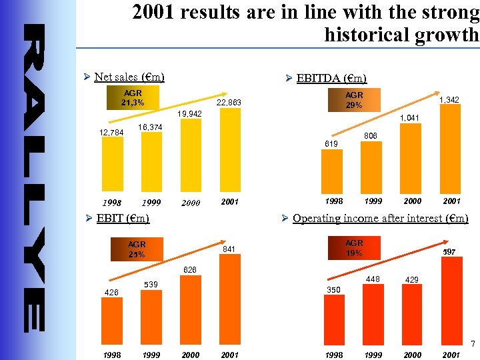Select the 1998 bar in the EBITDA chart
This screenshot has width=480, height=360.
[333, 172]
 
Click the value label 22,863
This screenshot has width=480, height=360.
[229, 103]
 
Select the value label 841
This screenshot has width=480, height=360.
[229, 249]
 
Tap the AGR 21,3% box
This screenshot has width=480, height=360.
[131, 97]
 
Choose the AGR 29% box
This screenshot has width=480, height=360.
[353, 100]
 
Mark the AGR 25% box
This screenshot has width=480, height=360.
[137, 249]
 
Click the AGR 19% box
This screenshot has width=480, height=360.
[354, 248]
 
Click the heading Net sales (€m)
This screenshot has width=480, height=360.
[129, 77]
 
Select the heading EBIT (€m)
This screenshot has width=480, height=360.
[123, 218]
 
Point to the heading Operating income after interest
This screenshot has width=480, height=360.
[380, 218]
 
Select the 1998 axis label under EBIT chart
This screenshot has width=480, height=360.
[112, 355]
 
